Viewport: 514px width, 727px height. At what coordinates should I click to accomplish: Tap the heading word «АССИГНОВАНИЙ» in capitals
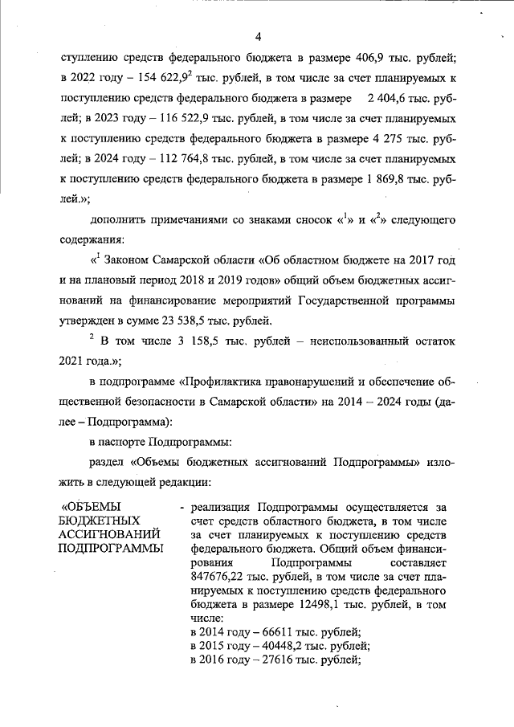(x=111, y=535)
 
